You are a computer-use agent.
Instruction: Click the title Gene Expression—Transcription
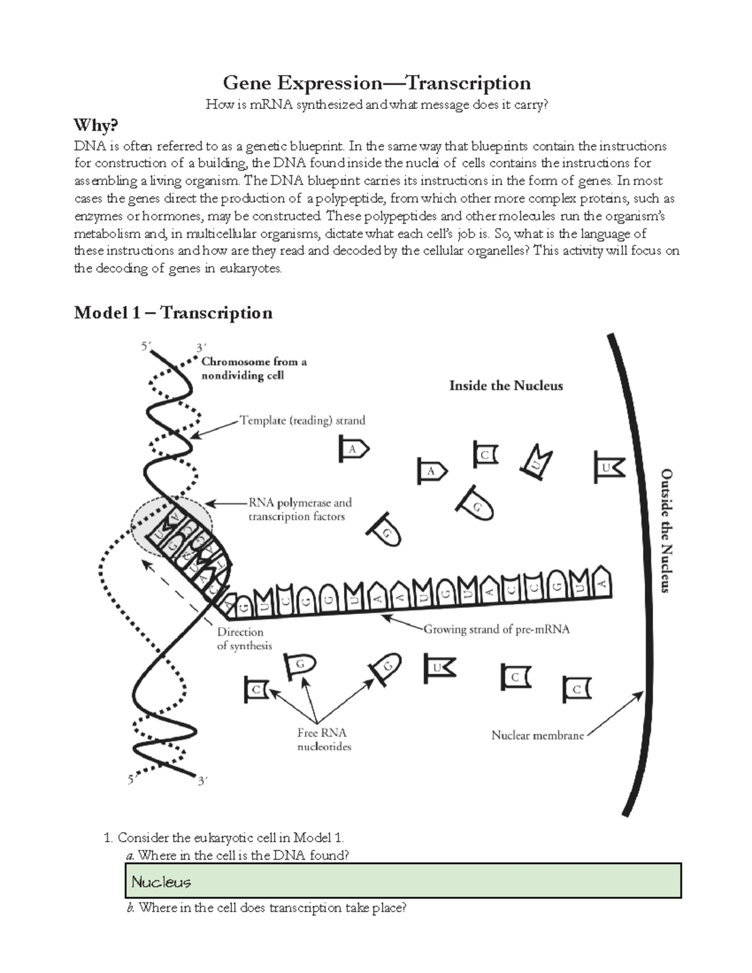(377, 83)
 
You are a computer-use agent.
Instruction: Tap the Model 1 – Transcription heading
(173, 312)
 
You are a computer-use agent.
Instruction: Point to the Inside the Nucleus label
(506, 386)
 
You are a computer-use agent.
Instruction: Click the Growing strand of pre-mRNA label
(496, 629)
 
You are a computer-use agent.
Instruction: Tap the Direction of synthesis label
(244, 638)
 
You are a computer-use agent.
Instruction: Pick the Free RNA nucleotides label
(323, 739)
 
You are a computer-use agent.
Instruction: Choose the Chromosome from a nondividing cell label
(253, 368)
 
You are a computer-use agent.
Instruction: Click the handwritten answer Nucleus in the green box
(161, 882)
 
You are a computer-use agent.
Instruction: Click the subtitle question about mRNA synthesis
(377, 105)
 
